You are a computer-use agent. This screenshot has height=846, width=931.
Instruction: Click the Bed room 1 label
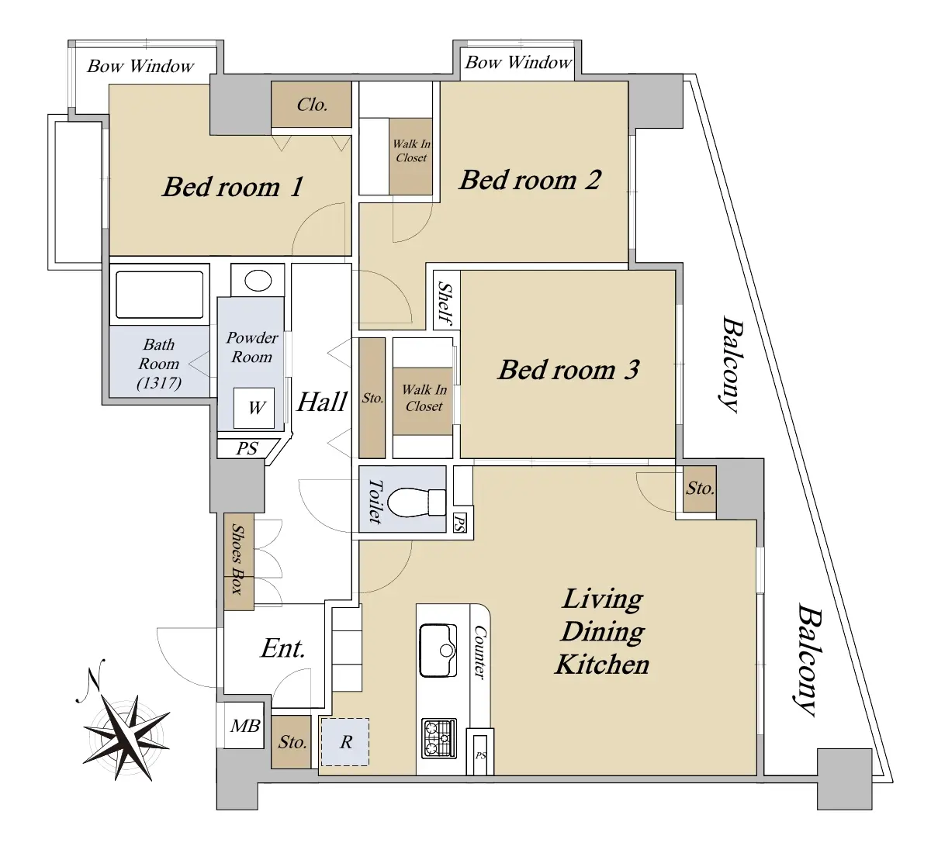233,187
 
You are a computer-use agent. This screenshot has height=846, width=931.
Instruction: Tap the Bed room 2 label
531,180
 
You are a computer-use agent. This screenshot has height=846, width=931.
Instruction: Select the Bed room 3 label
569,370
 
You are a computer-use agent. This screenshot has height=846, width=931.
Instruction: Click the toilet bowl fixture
416,502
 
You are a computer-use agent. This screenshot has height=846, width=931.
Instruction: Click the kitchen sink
438,650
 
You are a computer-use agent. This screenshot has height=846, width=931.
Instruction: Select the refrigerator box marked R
344,742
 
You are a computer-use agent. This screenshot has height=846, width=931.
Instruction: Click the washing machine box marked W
254,408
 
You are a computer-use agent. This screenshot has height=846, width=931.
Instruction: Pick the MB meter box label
245,726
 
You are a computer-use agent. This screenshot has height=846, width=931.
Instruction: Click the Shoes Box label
238,560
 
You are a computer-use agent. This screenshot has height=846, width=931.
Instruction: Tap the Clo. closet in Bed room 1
311,105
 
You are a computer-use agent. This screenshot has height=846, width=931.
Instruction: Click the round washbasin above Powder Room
258,281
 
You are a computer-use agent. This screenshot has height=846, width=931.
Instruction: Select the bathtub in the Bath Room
159,295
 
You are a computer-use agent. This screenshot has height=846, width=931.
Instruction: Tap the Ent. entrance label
282,648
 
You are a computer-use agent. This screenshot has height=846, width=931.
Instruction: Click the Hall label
322,402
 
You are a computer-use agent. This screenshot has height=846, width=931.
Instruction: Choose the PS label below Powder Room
247,448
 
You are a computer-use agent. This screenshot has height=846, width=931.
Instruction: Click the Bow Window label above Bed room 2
518,62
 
